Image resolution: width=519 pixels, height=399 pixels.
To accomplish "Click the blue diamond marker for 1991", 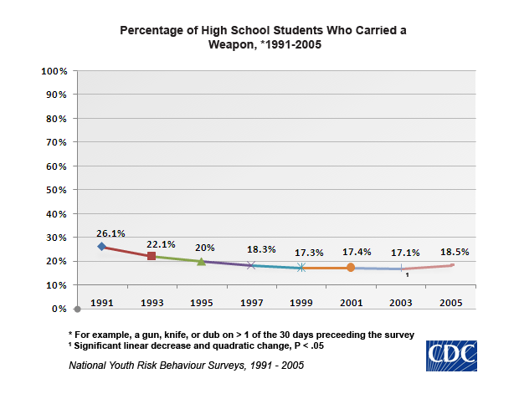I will coord(102,247).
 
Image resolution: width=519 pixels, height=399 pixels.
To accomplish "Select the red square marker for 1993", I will coord(152,256).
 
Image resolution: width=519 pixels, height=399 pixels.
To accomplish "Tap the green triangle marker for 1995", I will coord(201,262).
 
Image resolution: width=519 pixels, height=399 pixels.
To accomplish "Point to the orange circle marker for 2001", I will coord(351,268).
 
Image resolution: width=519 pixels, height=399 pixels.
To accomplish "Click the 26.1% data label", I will coord(110,233).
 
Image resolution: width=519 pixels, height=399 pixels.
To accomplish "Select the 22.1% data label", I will coord(161,244).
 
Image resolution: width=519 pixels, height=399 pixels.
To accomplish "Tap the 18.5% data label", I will coord(455,251).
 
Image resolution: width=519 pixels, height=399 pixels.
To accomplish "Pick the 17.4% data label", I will coord(356,252).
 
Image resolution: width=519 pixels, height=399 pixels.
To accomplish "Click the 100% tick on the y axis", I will coord(54,71).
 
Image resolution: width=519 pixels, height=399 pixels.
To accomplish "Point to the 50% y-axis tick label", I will coord(56,190).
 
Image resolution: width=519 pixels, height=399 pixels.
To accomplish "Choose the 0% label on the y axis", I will coord(59,309).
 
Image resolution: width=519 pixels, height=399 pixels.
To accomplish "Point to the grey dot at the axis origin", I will coord(77,309).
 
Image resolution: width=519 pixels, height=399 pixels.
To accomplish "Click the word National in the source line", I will coord(90,366).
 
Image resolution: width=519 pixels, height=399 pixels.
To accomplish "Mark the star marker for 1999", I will coord(301,268).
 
